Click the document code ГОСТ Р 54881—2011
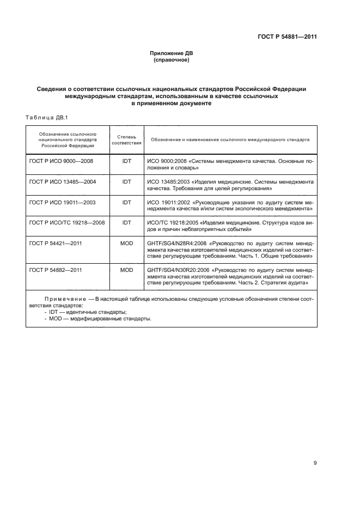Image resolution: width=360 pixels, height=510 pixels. click(x=288, y=37)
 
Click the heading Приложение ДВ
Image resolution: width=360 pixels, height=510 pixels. click(x=172, y=53)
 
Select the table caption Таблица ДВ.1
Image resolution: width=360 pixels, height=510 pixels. click(x=46, y=117)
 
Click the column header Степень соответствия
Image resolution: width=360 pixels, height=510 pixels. click(x=126, y=139)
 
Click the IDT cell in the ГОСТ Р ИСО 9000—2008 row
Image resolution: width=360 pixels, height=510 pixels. click(x=126, y=162)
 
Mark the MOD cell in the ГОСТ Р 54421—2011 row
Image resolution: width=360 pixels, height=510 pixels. click(x=126, y=242)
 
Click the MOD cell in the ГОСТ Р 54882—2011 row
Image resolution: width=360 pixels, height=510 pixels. click(x=126, y=269)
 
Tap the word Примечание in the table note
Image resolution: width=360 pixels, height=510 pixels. click(x=65, y=300)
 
